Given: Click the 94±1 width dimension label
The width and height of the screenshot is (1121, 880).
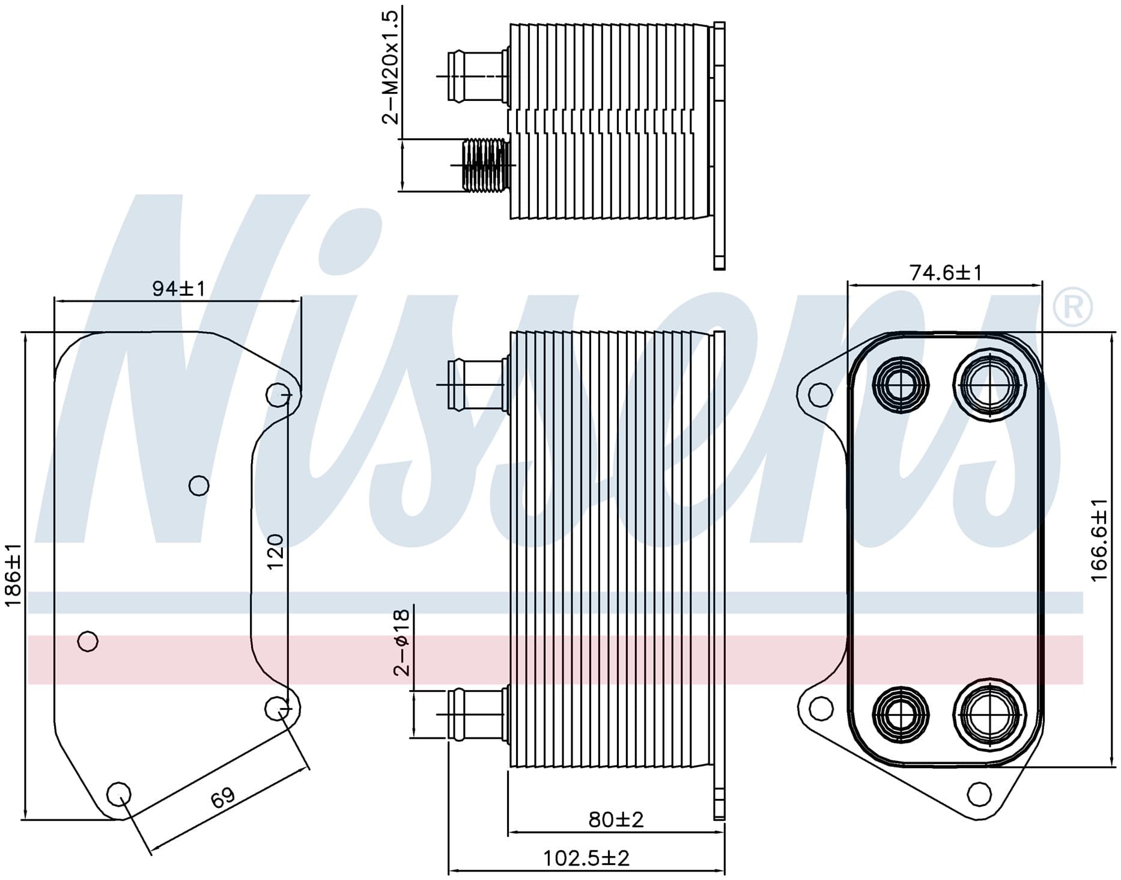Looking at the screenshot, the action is (x=178, y=289).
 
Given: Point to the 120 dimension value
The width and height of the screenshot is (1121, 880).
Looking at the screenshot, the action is (x=275, y=552).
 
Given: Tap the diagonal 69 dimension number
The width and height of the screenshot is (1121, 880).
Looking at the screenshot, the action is (x=222, y=798).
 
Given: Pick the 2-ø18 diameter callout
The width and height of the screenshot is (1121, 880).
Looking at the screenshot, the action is (x=401, y=643).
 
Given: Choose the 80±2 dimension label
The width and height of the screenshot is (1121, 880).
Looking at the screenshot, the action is (x=616, y=819).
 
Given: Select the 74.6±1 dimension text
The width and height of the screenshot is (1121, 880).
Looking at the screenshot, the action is (x=946, y=273).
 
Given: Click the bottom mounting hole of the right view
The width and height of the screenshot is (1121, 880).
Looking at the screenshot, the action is (x=979, y=794).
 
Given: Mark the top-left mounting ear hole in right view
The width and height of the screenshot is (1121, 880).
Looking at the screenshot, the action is (x=816, y=395).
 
